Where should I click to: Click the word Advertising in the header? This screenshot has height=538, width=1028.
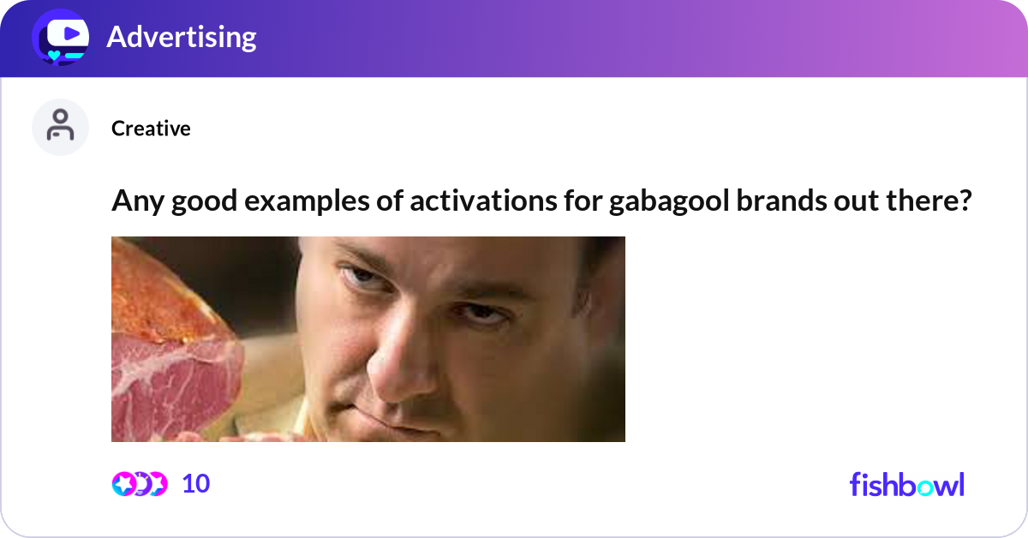click(181, 37)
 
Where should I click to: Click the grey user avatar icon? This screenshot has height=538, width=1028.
click(60, 127)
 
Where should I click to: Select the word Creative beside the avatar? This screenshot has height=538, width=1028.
click(151, 129)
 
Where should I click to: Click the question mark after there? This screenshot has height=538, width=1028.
click(965, 202)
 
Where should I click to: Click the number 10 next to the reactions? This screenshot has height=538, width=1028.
click(196, 484)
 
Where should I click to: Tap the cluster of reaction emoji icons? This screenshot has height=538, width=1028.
click(140, 484)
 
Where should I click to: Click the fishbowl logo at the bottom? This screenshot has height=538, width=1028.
click(906, 485)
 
